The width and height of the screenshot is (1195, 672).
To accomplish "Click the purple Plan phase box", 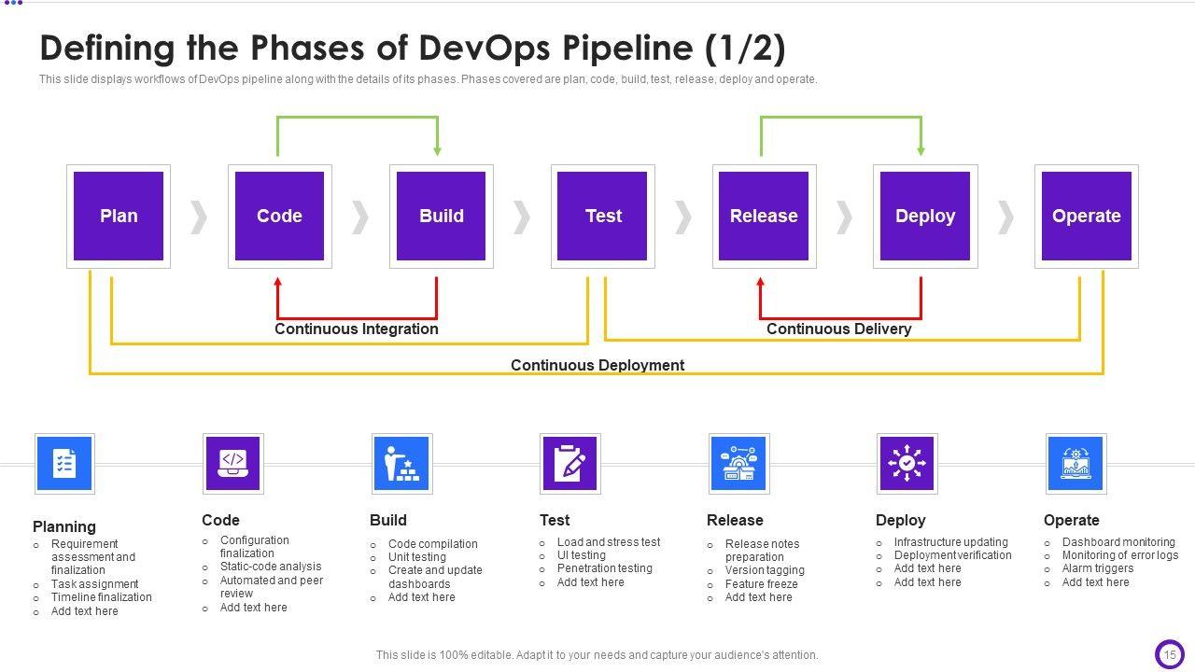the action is [x=119, y=216].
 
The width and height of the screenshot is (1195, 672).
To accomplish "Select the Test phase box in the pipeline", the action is [x=602, y=216].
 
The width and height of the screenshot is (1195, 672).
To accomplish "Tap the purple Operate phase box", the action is [x=1087, y=216].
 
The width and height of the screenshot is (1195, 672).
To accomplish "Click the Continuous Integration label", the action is [x=357, y=329].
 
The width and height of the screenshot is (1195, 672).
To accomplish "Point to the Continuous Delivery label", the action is [x=838, y=329].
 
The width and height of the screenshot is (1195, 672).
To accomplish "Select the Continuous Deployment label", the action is [x=597, y=365].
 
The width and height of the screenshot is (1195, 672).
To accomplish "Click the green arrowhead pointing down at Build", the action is [x=438, y=150].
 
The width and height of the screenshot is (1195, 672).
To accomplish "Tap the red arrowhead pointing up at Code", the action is [x=277, y=283].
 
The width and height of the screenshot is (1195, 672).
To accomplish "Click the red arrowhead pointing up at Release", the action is [x=761, y=283].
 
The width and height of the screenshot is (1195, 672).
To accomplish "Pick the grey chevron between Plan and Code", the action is [x=199, y=217].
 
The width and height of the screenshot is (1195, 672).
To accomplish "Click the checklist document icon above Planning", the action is [x=64, y=464].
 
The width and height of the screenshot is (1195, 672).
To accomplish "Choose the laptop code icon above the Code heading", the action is [x=233, y=464].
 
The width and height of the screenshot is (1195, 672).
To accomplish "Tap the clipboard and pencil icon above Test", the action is [x=569, y=464].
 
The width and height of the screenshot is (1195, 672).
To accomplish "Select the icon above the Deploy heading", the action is [x=907, y=464].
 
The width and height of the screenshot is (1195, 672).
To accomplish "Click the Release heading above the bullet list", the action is [x=735, y=520].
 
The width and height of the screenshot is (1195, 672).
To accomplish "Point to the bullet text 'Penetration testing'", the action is [x=604, y=568].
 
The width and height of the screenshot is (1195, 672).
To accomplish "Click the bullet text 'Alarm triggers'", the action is [x=1097, y=568].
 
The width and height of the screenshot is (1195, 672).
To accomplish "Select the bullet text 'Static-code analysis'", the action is [x=271, y=567].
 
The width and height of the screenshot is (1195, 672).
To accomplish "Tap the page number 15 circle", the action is [x=1170, y=654].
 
